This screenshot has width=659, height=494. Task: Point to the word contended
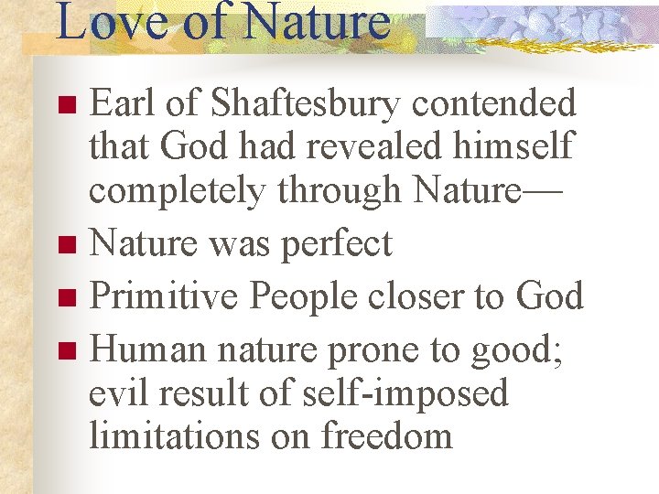[494, 104]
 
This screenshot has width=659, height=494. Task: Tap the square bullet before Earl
[65, 106]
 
